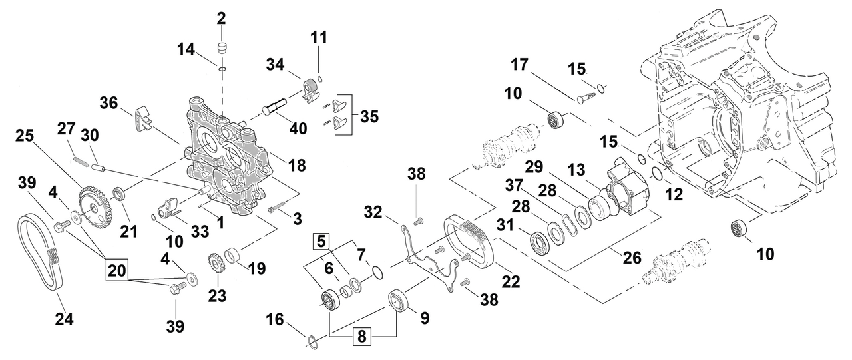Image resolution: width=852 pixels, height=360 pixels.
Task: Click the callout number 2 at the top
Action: coord(221,18)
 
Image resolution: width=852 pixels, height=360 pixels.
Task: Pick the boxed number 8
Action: coord(361,337)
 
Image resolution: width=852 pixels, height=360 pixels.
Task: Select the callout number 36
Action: coord(109,103)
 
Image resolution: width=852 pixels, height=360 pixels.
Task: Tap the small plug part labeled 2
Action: coord(221,49)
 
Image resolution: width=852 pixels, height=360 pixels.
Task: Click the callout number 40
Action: coord(298,128)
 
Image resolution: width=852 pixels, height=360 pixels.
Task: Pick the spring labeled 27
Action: coord(81,160)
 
